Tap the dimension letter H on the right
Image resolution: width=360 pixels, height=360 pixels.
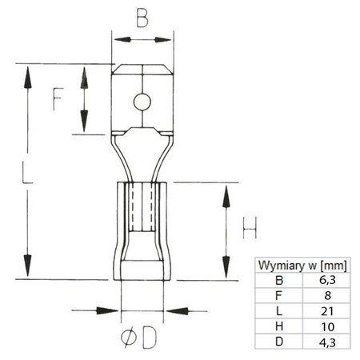click(x=250, y=232)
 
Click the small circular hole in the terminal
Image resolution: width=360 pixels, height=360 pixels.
click(x=141, y=102)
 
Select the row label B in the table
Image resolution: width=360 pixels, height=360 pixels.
click(x=278, y=281)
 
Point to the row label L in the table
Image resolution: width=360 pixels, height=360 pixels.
click(x=278, y=311)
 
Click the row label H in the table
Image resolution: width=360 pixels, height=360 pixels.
click(x=278, y=326)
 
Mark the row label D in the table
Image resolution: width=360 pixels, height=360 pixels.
click(x=278, y=342)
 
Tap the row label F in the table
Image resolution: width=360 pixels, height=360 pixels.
click(x=278, y=296)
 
